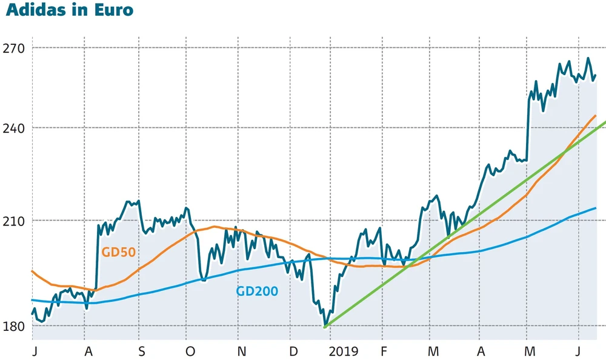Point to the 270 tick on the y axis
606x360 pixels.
pos(15,47)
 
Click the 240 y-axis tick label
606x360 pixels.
pos(15,128)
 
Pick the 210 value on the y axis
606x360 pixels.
pos(15,221)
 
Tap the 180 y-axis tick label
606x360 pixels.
pos(15,327)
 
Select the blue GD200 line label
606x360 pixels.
pos(257,292)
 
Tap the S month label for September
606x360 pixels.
pos(141,352)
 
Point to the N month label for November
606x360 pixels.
pos(241,352)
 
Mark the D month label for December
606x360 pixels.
pos(293,352)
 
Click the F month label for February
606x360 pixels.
pos(383,352)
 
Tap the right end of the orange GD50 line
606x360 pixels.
pos(596,115)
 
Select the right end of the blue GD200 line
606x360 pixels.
pos(596,208)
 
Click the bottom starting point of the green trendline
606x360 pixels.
pos(325,327)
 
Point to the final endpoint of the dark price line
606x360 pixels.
pos(596,75)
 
